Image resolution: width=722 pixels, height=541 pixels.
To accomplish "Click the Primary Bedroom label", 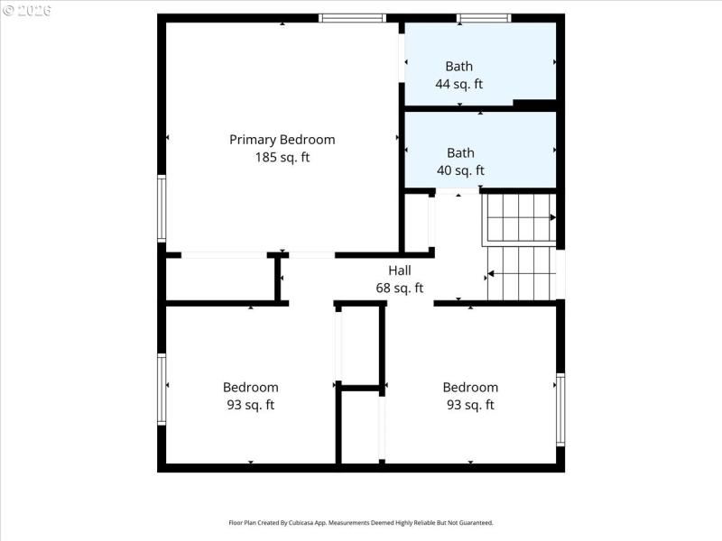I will [282, 140].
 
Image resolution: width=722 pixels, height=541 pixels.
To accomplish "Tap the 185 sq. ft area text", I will [282, 157].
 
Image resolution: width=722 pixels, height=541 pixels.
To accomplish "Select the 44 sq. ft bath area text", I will [458, 84].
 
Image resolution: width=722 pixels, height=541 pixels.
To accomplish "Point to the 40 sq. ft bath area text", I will [460, 170].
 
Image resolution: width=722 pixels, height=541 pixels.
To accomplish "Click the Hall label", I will [399, 270].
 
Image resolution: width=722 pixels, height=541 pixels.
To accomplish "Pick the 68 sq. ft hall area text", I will [399, 289].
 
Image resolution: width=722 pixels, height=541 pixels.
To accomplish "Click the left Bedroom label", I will [250, 388].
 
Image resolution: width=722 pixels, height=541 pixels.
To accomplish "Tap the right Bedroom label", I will [470, 388].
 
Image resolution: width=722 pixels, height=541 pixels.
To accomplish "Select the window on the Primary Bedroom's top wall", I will [353, 18].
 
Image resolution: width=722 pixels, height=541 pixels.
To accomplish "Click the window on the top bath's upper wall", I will [484, 18].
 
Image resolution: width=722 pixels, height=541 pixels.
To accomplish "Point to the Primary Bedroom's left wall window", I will [162, 208].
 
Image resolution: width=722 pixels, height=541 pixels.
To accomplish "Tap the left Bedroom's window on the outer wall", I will [162, 389].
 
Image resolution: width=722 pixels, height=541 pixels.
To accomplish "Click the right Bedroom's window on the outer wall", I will [560, 409].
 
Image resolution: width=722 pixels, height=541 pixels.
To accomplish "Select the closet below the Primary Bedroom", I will [220, 279].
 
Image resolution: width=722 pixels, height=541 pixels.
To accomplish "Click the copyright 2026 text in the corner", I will [27, 10].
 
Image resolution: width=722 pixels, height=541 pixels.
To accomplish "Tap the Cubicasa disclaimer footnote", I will [360, 522].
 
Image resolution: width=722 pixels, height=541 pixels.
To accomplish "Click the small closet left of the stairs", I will [416, 223].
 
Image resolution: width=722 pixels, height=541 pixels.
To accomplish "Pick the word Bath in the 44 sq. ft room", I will [458, 66].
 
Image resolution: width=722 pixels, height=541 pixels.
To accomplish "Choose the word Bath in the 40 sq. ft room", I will [460, 152].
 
